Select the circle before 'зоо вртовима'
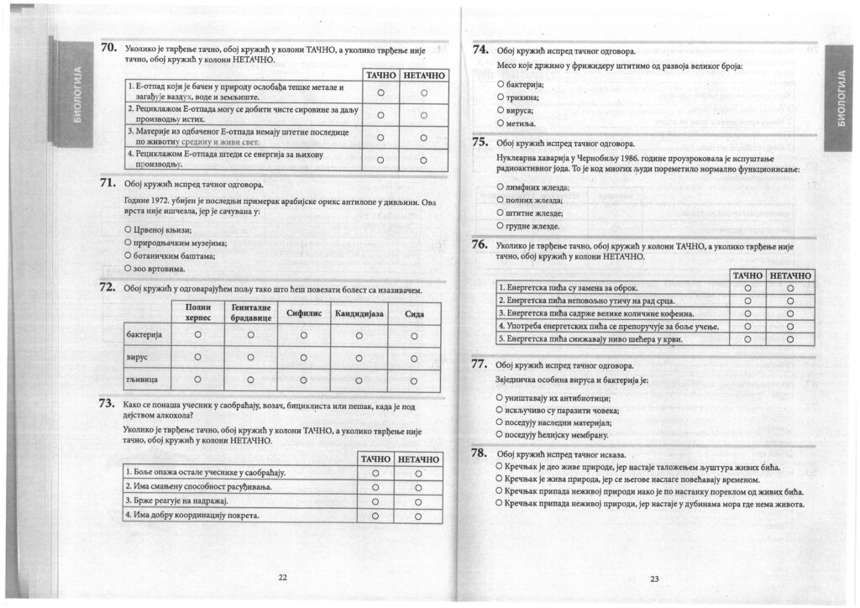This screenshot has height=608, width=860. pyautogui.click(x=128, y=268)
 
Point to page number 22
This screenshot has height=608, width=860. pyautogui.click(x=282, y=576)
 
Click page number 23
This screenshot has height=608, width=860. pyautogui.click(x=654, y=578)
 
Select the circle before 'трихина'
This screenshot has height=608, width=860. pyautogui.click(x=501, y=97)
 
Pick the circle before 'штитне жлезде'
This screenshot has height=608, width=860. pyautogui.click(x=501, y=212)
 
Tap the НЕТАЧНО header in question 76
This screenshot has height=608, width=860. pyautogui.click(x=790, y=275)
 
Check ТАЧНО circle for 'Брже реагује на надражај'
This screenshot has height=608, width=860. pyautogui.click(x=375, y=501)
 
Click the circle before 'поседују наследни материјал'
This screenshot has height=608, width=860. pyautogui.click(x=501, y=422)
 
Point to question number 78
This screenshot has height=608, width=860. pyautogui.click(x=480, y=453)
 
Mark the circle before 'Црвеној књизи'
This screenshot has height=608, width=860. pyautogui.click(x=128, y=229)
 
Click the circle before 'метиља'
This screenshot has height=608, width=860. pyautogui.click(x=501, y=123)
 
